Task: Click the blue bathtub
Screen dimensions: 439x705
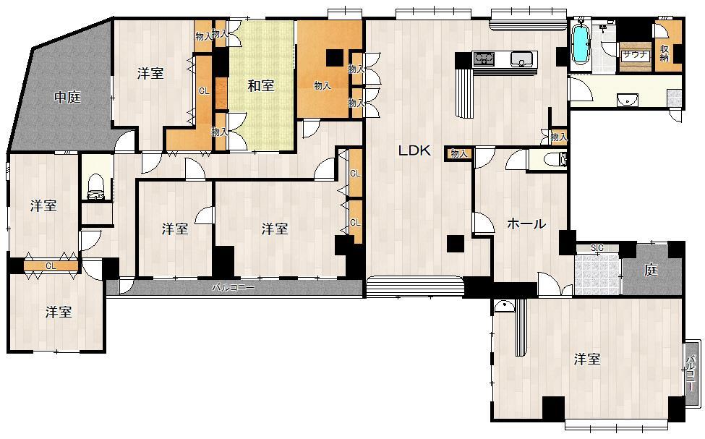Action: (580, 46)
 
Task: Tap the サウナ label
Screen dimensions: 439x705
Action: (635, 54)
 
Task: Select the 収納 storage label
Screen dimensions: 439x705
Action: (665, 54)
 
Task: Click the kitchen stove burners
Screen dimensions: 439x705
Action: (483, 59)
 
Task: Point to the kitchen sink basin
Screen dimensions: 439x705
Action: (521, 59)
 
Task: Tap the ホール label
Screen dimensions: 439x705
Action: (526, 224)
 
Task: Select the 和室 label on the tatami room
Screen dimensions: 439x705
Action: (261, 86)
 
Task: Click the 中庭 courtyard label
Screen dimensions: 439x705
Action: (68, 98)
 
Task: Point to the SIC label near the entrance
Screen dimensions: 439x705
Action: (597, 248)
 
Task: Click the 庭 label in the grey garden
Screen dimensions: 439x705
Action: (651, 270)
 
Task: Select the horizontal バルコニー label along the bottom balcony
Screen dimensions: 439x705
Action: (233, 288)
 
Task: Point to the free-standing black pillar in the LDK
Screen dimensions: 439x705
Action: (455, 244)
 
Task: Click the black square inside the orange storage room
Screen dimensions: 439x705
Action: (334, 58)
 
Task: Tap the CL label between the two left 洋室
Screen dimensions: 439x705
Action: (50, 266)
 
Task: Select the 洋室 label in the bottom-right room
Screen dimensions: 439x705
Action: (587, 359)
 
